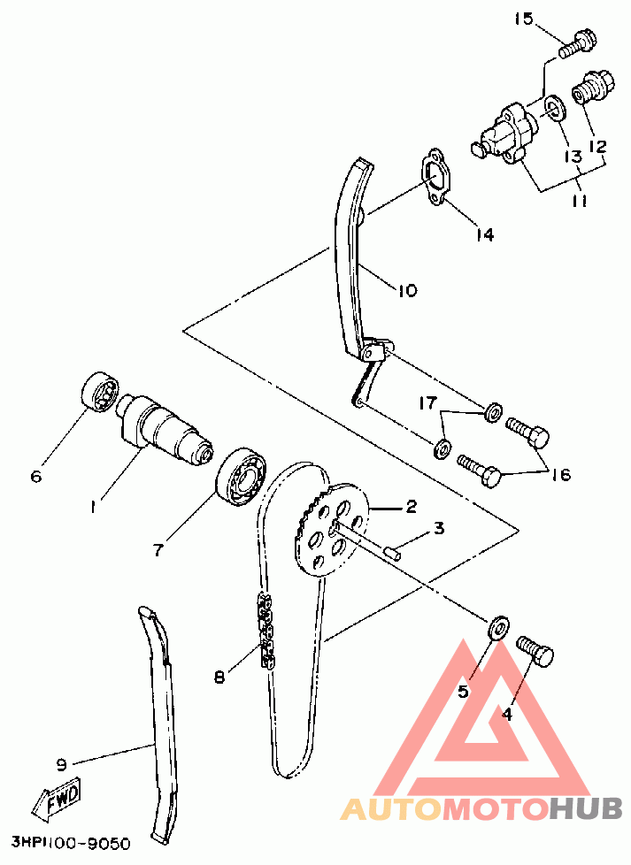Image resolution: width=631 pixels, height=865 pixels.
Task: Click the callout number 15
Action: pos(525,19)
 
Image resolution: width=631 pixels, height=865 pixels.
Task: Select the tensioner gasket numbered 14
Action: pos(436,177)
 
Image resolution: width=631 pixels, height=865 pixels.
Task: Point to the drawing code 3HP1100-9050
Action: pos(71,844)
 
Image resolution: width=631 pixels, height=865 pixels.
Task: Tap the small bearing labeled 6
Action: pos(101,392)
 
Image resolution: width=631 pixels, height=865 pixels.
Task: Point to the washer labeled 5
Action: pos(498,628)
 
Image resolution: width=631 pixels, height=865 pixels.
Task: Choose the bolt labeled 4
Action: pos(535,652)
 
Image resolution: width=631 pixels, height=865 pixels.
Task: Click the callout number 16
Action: pos(561,474)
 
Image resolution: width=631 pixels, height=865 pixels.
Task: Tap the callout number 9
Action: pos(61,765)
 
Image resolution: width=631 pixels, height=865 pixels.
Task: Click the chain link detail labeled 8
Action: pos(265,632)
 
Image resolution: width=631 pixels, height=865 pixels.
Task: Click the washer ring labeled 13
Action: pos(552,108)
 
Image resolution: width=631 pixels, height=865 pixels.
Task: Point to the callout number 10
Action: pos(407,290)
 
